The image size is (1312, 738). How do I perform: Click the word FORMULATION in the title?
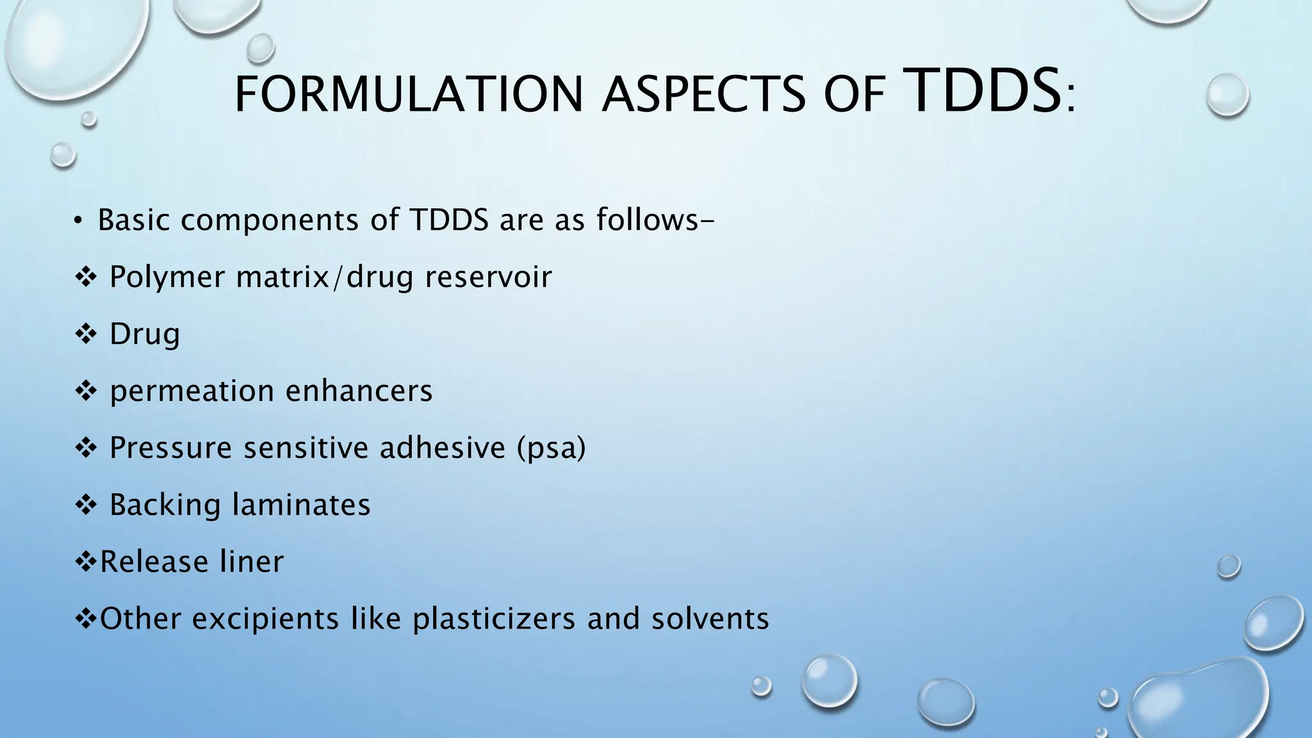409,95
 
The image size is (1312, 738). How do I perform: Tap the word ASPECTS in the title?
703,95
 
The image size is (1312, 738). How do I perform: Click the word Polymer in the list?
167,278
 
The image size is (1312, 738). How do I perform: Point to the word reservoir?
488,277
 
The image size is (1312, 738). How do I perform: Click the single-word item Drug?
145,334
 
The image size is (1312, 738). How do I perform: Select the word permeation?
192,391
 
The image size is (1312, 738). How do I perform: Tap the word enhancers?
359,390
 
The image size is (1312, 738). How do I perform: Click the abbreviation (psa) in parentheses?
552,448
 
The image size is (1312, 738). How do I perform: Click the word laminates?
302,504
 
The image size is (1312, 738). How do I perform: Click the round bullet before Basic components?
78,221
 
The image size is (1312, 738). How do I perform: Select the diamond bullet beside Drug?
86,334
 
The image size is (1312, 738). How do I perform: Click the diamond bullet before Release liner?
86,562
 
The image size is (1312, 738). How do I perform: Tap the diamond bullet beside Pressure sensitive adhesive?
86,448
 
